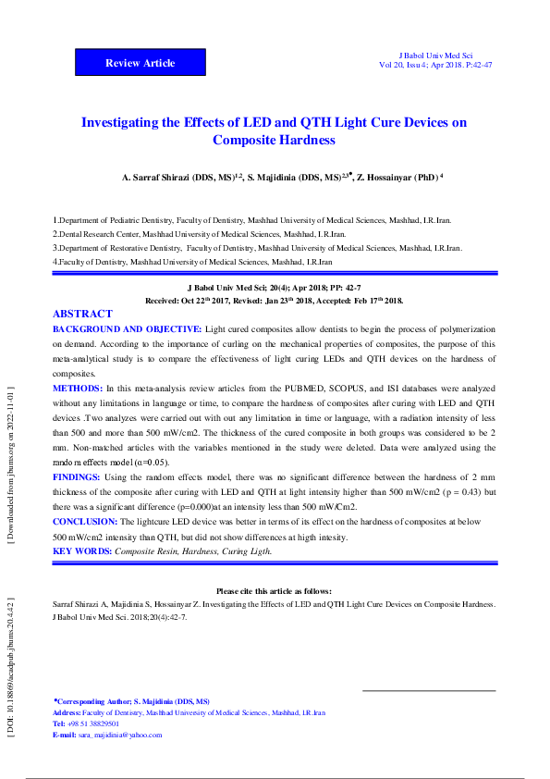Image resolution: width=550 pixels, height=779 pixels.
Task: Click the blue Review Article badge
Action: [x=140, y=63]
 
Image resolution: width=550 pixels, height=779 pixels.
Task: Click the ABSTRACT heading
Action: [x=82, y=315]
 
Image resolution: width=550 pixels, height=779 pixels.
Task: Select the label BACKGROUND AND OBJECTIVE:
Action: [x=128, y=329]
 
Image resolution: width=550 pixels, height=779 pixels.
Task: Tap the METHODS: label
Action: [x=79, y=389]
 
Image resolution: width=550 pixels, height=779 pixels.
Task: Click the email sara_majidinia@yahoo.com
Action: [x=120, y=736]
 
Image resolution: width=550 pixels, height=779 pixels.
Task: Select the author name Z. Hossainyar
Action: [x=383, y=176]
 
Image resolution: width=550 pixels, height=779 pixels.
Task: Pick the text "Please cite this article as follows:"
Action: [x=274, y=590]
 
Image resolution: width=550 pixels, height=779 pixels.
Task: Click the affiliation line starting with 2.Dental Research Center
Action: [x=199, y=235]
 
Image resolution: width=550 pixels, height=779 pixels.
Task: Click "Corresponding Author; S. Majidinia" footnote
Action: [x=132, y=702]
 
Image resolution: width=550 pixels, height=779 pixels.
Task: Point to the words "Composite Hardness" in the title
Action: [x=274, y=141]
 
